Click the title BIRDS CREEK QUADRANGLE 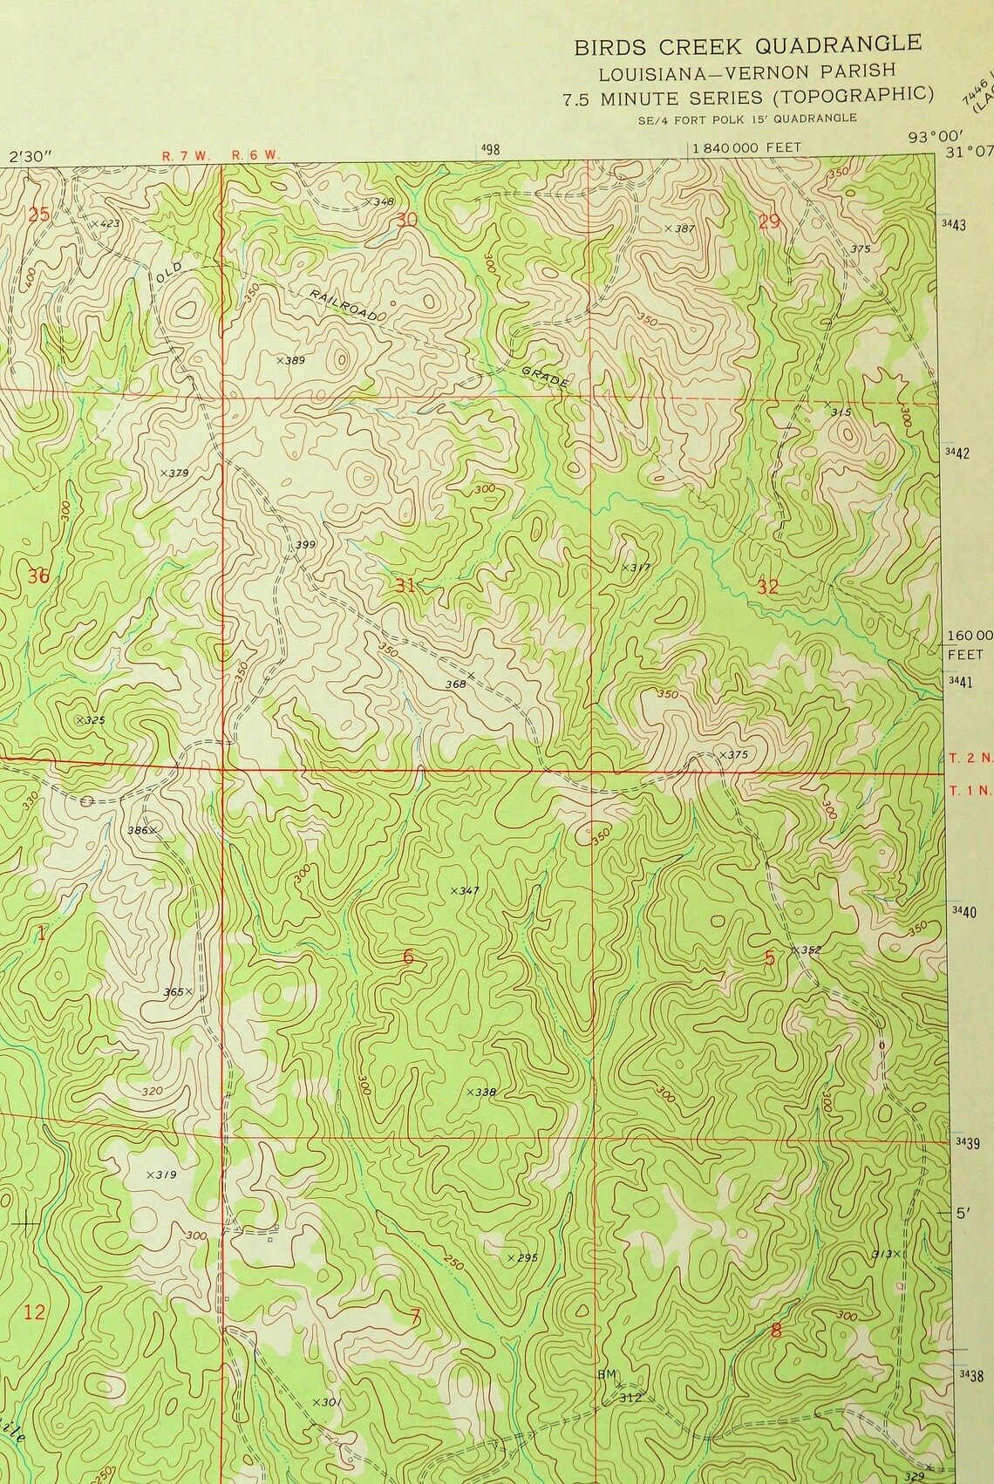pos(746,45)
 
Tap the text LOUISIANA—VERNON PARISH pos(746,72)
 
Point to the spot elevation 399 pos(304,545)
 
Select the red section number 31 pos(405,585)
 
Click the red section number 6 pos(408,956)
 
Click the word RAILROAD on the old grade pos(343,305)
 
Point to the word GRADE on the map pos(546,377)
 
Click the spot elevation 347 pos(468,890)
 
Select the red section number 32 pos(767,587)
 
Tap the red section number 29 pos(768,221)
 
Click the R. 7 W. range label pos(185,155)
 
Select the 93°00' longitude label pos(925,136)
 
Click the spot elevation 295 pos(526,1257)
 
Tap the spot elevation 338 pos(482,1092)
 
